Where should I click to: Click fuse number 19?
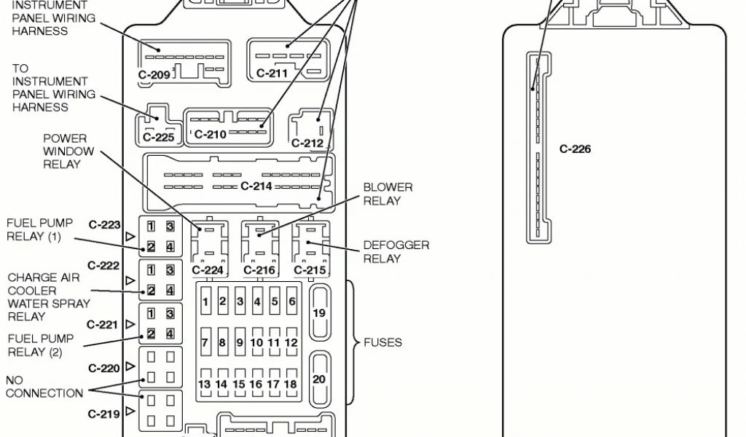[319, 312]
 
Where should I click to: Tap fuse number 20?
[319, 379]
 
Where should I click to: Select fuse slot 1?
[205, 302]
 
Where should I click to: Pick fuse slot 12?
[291, 342]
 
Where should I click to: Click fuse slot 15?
[239, 384]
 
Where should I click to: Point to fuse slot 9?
[239, 342]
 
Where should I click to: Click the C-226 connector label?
[575, 149]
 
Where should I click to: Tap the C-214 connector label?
[256, 186]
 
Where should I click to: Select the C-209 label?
[154, 74]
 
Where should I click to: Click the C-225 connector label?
[158, 136]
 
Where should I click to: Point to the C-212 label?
[307, 143]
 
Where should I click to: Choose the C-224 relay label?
[207, 270]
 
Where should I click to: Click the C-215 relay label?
[310, 270]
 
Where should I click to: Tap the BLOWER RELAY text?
[388, 194]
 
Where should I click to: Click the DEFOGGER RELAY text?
[396, 252]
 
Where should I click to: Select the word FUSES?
[382, 342]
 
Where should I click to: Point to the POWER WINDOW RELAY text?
[68, 151]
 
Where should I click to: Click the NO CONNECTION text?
[44, 387]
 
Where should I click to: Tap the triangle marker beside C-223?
[130, 237]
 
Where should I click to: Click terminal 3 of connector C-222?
[170, 270]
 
